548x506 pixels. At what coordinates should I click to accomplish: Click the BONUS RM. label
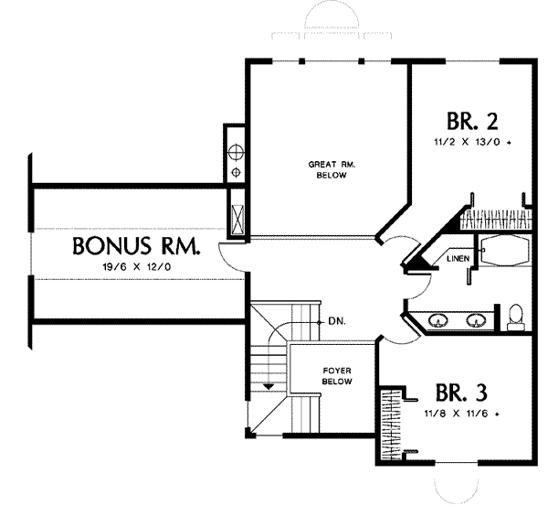tap(137, 245)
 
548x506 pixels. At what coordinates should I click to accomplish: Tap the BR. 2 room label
tap(472, 121)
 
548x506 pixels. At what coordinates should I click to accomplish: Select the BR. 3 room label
tap(461, 393)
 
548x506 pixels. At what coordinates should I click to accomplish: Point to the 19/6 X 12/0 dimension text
tap(137, 267)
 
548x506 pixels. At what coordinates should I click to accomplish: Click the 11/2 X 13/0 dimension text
tap(472, 143)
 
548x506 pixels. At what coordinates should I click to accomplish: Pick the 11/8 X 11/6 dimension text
tap(461, 414)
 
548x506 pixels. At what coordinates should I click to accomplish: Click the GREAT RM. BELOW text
tap(332, 169)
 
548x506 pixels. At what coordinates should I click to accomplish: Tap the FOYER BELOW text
tap(337, 376)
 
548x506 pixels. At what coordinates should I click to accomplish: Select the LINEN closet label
tap(458, 259)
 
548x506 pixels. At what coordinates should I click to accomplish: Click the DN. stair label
tap(337, 321)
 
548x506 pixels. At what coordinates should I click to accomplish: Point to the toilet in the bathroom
tap(515, 318)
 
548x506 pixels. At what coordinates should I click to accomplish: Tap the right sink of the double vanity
tap(476, 320)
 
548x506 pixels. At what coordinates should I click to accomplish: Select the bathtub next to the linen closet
tap(504, 251)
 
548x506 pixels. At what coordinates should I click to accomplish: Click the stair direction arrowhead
tap(268, 386)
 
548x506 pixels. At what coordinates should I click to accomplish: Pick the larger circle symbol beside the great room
tap(236, 152)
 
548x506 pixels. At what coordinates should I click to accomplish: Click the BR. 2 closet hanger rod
tap(496, 220)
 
